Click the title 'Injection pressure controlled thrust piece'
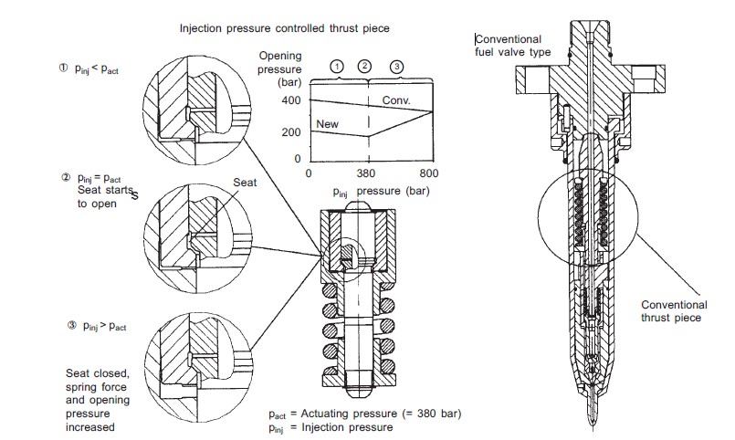(x=284, y=28)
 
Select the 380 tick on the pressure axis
(x=367, y=173)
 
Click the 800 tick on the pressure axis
(x=428, y=173)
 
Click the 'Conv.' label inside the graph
(x=395, y=99)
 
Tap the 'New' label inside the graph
(x=326, y=122)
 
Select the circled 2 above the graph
(x=366, y=67)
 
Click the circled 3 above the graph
(x=395, y=67)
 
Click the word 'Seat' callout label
(x=246, y=182)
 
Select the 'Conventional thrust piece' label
(x=674, y=311)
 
